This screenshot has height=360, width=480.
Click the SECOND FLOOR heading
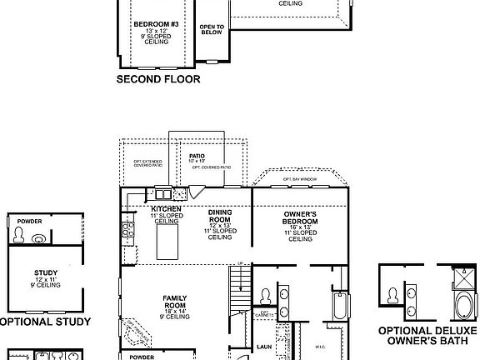point(158,80)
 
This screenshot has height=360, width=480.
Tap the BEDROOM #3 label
point(151,25)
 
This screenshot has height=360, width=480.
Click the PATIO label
point(197,156)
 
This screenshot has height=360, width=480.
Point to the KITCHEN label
point(167,208)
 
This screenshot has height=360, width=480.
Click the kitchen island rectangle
point(168,242)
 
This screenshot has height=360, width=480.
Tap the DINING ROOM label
point(220,218)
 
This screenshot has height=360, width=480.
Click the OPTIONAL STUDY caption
point(42,321)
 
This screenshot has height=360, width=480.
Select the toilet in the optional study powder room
point(38,238)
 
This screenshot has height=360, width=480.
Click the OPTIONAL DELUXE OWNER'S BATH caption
point(428,335)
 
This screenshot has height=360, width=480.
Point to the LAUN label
point(265,346)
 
